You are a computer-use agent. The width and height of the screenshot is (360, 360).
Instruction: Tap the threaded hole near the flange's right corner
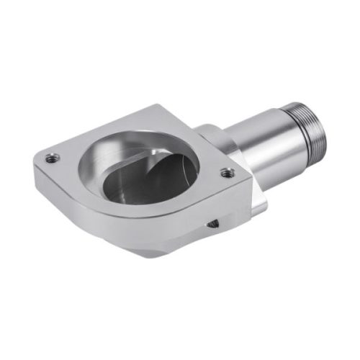(x=227, y=173)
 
